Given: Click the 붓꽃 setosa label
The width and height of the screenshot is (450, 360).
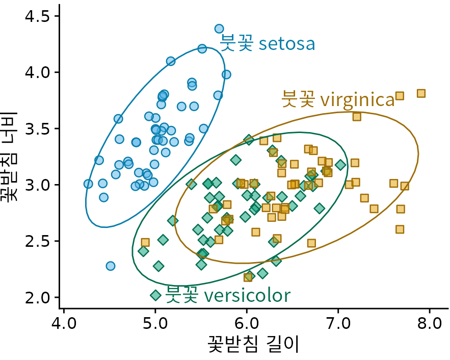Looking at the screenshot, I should [268, 44].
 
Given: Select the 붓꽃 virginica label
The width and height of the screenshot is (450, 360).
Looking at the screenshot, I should [338, 99].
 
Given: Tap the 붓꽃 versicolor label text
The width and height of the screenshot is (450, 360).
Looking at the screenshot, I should [228, 295].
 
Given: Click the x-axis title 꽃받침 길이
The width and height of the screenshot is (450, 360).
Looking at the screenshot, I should [253, 345].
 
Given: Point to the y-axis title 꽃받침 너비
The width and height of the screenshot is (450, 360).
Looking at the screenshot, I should [11, 157].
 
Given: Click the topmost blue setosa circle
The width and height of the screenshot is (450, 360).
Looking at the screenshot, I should [219, 29].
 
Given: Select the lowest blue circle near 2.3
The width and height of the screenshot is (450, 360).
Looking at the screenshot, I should [110, 266].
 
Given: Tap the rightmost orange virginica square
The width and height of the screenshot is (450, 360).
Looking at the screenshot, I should [421, 93].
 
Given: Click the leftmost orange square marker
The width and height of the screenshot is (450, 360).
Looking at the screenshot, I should [145, 242].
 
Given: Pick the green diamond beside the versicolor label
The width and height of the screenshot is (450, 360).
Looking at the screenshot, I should [155, 295].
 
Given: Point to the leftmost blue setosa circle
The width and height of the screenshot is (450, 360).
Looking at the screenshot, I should [88, 184].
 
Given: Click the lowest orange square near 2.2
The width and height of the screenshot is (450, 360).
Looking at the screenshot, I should [248, 277].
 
